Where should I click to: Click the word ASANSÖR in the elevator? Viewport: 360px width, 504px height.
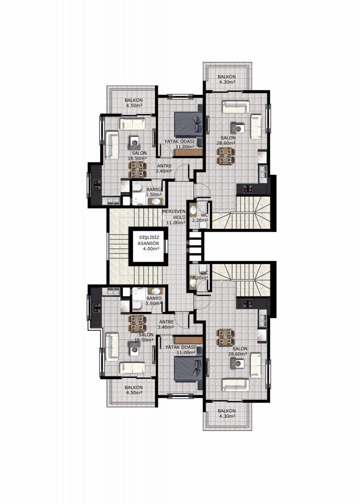coord(149,243)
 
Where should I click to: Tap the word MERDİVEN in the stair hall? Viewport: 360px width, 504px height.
coord(174,211)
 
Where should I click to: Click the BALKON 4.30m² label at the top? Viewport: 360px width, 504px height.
coord(226,80)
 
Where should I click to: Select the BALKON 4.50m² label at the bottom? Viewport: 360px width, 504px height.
coord(134,390)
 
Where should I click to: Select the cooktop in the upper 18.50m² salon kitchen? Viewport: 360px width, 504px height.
coord(97,184)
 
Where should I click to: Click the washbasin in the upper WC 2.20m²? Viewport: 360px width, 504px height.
coord(193,210)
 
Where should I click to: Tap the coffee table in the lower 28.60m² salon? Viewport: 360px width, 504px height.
coord(237,363)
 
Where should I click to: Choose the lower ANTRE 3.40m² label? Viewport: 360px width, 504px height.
coord(166,324)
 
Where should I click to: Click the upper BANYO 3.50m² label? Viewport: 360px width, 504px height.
coord(154,192)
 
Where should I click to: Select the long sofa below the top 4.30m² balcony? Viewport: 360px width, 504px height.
coord(236,107)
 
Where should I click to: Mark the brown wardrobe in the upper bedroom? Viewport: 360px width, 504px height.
coord(188,152)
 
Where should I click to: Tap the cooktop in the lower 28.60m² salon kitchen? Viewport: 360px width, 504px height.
coord(248,303)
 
